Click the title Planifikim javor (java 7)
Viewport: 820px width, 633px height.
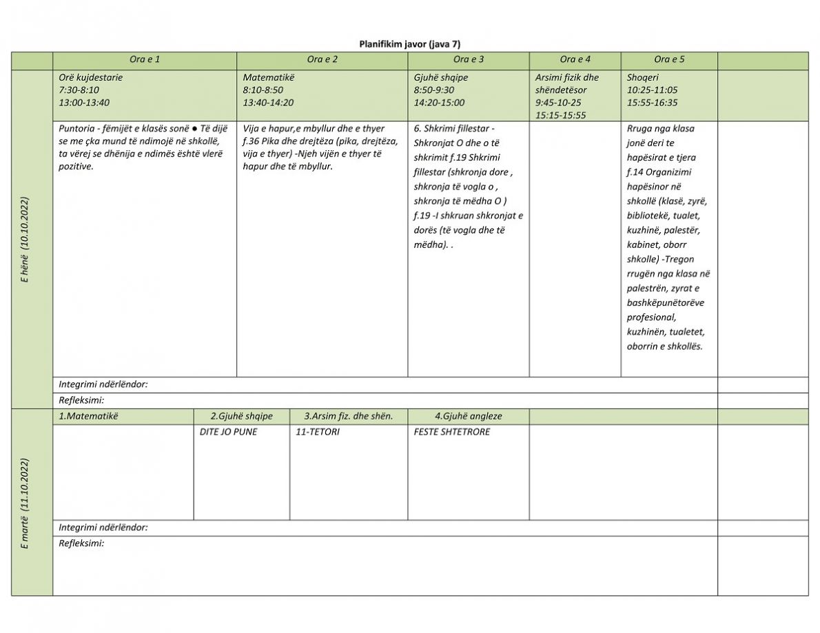click(x=409, y=44)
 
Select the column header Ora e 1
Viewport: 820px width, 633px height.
click(x=145, y=60)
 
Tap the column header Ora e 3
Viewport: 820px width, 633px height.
click(x=469, y=60)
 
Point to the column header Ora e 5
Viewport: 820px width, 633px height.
click(x=669, y=60)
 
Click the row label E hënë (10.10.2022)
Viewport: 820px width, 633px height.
click(x=25, y=240)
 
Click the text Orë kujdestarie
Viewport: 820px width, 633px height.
click(x=91, y=78)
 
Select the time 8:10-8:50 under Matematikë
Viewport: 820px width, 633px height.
click(x=263, y=90)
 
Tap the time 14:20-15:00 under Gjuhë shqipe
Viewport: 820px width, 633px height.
click(x=439, y=103)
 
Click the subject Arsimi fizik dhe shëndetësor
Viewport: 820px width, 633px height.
click(x=566, y=84)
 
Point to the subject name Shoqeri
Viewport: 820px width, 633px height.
click(x=643, y=78)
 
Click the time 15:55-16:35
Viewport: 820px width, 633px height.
click(x=652, y=103)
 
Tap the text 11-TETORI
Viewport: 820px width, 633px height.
click(x=318, y=432)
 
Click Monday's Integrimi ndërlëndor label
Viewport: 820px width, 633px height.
click(x=103, y=384)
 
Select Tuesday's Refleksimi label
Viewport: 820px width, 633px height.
click(x=81, y=543)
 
